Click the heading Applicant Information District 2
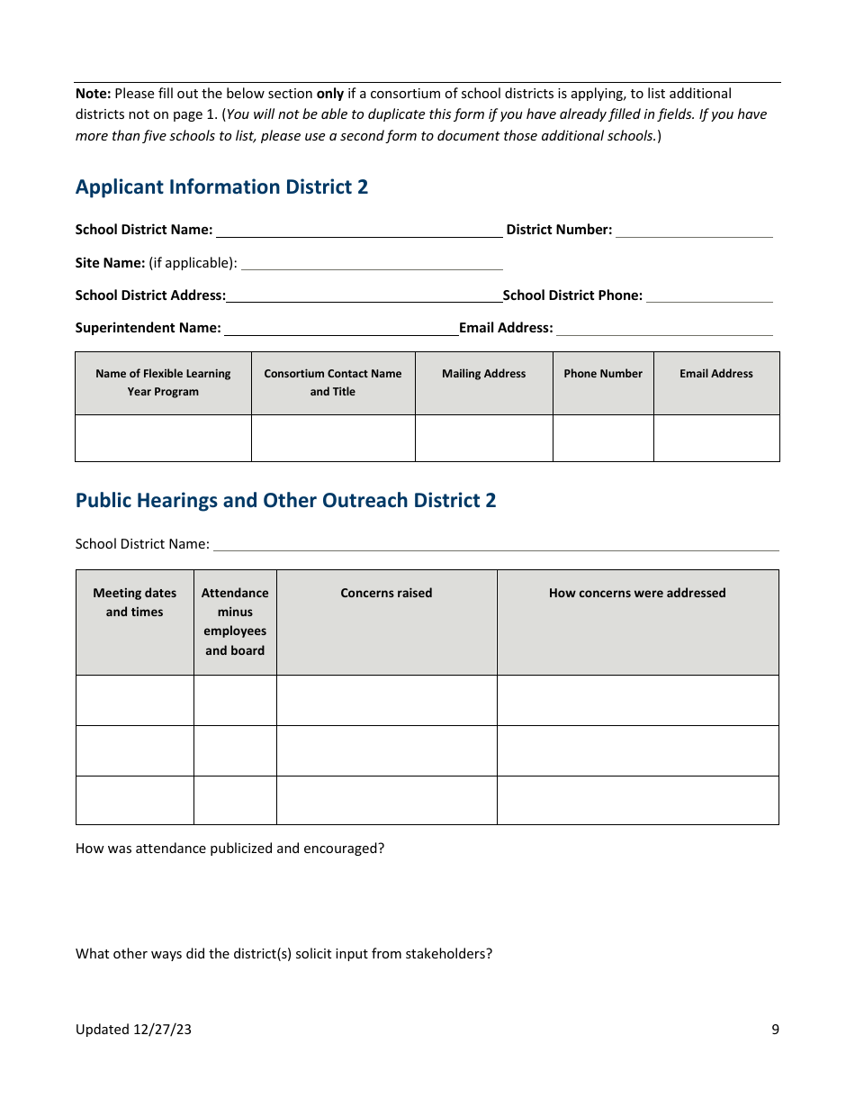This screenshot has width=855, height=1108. coord(221,187)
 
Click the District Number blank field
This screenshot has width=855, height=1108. coord(694,231)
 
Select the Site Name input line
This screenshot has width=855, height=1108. coord(372,263)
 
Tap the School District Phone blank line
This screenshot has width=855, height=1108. coord(709,295)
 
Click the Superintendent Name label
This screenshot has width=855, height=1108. coord(148,328)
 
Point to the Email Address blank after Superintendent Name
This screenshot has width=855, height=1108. coord(664,328)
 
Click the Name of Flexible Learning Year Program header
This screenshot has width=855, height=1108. coord(163,383)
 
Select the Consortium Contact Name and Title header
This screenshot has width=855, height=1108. coord(333,383)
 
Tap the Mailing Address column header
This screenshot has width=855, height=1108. coord(483,374)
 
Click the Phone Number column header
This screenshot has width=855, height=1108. coord(603,374)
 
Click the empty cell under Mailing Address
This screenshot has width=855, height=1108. coord(483,438)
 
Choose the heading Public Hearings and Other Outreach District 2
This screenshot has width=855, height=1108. coord(285,501)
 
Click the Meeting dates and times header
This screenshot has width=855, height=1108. coord(135,603)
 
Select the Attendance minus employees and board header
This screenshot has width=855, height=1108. coord(235,622)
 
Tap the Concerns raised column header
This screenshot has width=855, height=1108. coord(386,594)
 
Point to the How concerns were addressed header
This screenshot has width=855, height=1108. coord(637,594)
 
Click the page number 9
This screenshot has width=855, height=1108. coord(775,1030)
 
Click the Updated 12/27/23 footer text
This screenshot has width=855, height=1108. coord(133,1030)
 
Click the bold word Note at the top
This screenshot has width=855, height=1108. coord(93,94)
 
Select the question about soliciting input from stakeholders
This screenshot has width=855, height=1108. coord(283,954)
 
